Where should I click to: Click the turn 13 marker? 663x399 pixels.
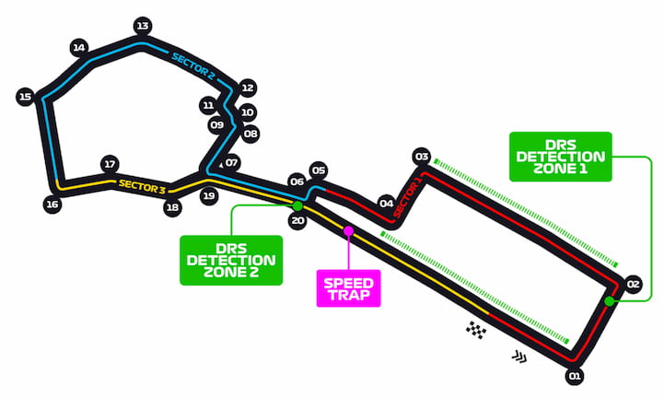tap(143, 26)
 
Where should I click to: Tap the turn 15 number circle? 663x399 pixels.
tap(26, 97)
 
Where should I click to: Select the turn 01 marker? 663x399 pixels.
tap(575, 376)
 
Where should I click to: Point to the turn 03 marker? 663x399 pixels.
tap(422, 157)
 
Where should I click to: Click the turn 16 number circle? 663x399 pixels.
tap(52, 205)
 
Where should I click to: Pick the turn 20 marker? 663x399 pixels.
tap(297, 220)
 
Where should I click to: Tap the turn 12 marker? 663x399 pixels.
tap(248, 88)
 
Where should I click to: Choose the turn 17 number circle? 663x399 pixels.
tap(110, 164)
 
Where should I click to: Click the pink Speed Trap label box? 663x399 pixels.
tap(349, 288)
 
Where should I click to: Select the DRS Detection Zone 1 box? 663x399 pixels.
tap(561, 157)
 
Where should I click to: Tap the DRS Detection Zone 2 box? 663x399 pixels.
tap(231, 260)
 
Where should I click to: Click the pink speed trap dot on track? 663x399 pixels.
tap(348, 230)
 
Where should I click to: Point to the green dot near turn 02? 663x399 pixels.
tap(609, 301)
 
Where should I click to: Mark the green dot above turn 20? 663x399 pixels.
tap(297, 206)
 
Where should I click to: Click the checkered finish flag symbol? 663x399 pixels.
tap(476, 330)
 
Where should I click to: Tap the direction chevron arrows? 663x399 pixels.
tap(519, 358)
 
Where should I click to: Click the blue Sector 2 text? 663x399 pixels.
tap(192, 65)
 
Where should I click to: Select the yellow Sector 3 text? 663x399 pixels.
tap(142, 186)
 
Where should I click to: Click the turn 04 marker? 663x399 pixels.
tap(386, 204)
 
